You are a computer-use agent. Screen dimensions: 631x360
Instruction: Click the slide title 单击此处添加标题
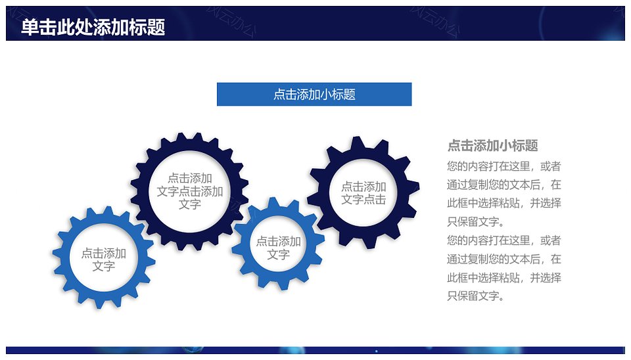coord(93,28)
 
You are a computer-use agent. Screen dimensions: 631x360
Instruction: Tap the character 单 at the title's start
coord(30,28)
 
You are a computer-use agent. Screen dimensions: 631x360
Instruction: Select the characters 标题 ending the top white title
coord(147,28)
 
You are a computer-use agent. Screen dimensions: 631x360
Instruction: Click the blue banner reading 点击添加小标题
coord(314,94)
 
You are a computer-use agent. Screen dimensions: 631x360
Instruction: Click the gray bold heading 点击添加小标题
coord(492,145)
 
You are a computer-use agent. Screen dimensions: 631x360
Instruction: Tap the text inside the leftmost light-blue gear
coord(104,259)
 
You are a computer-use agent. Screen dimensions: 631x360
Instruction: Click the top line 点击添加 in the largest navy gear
coord(189,178)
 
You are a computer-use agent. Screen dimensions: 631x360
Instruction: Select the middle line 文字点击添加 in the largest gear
coord(189,191)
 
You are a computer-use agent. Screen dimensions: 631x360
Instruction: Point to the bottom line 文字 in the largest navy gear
coord(189,204)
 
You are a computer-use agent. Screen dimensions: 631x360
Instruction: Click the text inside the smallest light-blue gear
coord(279,248)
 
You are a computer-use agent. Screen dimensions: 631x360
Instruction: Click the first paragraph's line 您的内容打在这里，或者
coord(504,166)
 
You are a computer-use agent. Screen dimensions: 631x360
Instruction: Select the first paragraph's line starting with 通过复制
coord(504,185)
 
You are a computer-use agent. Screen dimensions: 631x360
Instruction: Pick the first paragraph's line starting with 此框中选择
coord(504,203)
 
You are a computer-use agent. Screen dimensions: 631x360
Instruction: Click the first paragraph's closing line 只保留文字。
coord(475,221)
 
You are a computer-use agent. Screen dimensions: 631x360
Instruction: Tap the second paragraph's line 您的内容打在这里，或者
coord(504,240)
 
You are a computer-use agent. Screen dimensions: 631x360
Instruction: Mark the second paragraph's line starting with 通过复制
coord(504,259)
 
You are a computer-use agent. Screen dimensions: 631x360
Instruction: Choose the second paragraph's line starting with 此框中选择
coord(504,277)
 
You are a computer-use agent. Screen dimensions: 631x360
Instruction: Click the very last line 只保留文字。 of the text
coord(475,296)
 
